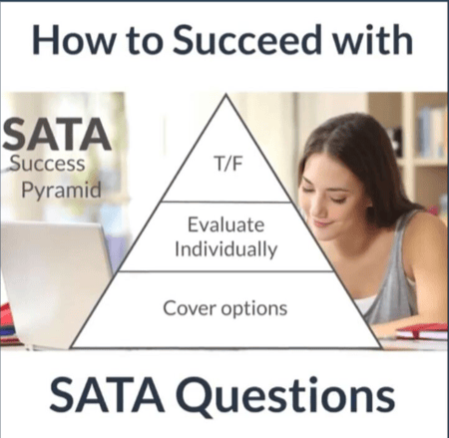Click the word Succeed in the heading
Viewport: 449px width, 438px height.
point(247,40)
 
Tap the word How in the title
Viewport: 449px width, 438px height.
point(74,40)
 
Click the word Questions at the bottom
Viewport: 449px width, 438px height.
point(285,395)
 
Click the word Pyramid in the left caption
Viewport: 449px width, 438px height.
point(61,191)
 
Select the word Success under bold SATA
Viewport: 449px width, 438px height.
point(47,164)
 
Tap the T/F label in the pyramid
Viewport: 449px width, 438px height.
point(228,164)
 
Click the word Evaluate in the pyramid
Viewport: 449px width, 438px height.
point(226,224)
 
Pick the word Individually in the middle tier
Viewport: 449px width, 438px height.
point(226,249)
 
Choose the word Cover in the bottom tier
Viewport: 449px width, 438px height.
point(190,308)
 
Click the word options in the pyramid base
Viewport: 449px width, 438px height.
point(254,309)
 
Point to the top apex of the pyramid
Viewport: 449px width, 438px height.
point(226,95)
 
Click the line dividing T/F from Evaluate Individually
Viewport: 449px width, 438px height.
point(226,202)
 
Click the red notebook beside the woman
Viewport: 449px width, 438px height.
point(422,331)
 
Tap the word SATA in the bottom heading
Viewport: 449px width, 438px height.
point(107,395)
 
